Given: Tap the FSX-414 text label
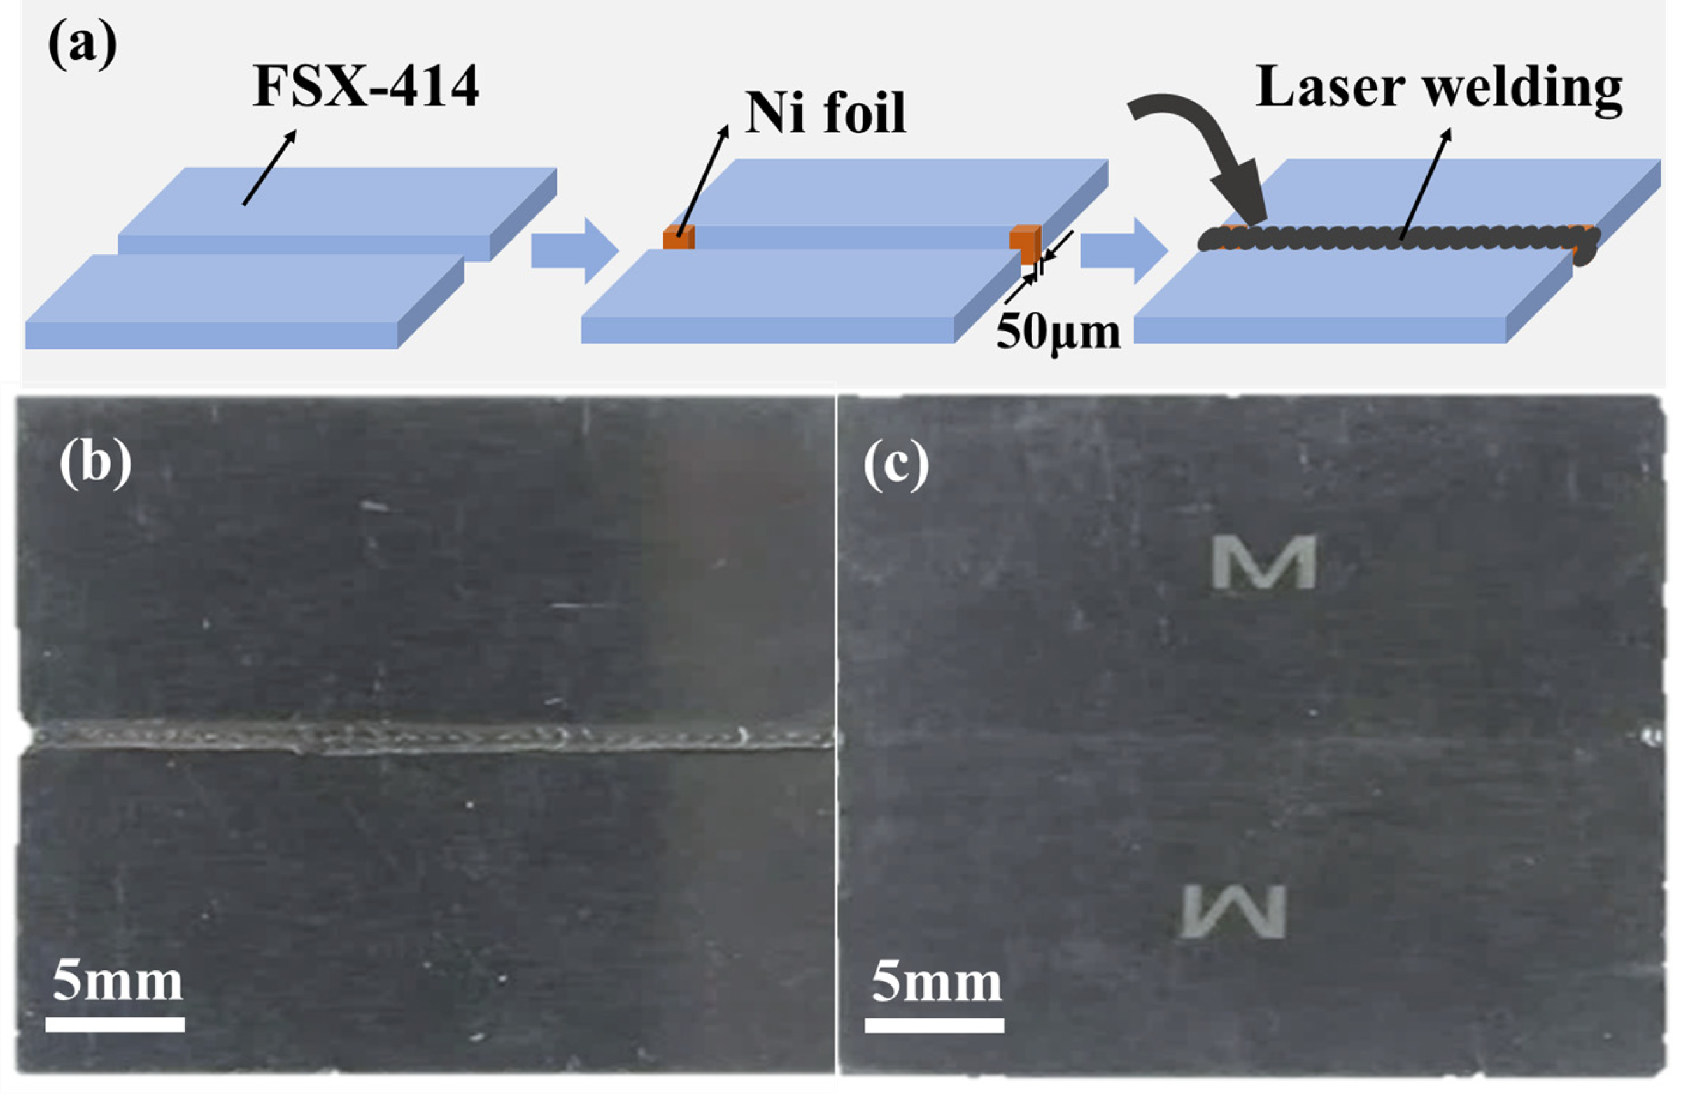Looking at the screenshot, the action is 366,86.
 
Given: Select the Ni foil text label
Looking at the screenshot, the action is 825,113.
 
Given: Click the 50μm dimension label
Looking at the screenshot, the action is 1058,331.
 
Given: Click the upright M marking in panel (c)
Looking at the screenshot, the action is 1263,562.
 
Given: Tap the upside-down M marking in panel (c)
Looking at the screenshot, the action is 1234,912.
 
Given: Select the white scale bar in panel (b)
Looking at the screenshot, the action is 115,1024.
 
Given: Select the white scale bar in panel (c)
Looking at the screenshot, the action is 933,1025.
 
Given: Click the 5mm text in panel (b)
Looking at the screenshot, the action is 117,982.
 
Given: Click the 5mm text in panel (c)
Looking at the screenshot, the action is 936,982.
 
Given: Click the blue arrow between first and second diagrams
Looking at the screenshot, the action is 574,251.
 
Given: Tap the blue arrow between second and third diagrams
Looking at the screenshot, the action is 1124,251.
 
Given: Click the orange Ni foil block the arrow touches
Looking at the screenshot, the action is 678,237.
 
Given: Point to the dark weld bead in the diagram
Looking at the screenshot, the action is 1398,240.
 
